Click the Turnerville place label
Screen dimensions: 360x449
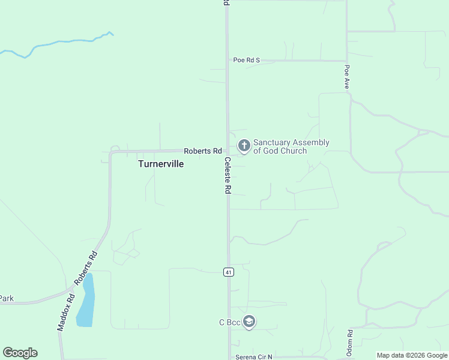(161, 163)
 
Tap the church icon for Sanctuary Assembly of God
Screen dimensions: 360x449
(244, 145)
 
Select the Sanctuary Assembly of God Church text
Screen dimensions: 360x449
(291, 146)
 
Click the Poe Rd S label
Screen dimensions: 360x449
(247, 60)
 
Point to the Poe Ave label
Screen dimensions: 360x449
(347, 77)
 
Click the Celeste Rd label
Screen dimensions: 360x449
(228, 175)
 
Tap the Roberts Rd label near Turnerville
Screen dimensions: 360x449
(203, 151)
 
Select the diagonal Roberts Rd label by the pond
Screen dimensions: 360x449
(86, 266)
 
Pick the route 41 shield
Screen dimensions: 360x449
(229, 272)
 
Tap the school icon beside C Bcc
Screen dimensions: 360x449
(249, 322)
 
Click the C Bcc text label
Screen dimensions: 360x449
(229, 323)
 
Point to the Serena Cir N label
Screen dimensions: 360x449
(253, 357)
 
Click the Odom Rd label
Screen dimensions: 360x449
(349, 341)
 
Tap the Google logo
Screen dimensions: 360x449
(20, 353)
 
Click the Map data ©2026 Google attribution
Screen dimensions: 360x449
(412, 355)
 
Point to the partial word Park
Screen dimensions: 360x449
(6, 298)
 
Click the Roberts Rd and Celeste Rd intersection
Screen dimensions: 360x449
(227, 151)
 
